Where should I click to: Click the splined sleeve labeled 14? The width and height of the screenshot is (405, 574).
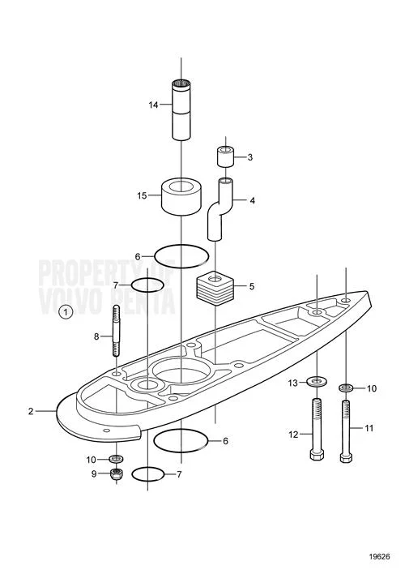[x=181, y=109]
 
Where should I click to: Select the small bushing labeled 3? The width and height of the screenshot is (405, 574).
[x=226, y=156]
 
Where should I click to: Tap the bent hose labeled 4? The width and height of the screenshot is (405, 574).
[x=220, y=208]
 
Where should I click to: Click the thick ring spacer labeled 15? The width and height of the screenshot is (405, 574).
[x=181, y=196]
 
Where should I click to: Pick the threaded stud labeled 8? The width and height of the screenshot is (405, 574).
[x=116, y=330]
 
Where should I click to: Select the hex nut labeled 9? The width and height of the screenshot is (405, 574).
[x=117, y=473]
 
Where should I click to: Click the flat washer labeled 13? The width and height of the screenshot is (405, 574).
[x=317, y=382]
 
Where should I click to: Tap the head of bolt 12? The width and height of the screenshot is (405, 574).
[x=317, y=454]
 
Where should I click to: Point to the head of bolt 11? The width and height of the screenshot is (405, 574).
[x=346, y=457]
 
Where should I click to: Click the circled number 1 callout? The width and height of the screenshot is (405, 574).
[x=66, y=312]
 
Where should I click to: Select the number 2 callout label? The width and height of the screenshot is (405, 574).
[x=31, y=411]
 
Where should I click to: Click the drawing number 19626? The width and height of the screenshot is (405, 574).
[x=379, y=557]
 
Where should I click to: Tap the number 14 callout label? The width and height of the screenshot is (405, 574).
[x=153, y=105]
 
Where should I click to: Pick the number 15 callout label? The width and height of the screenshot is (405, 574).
[x=142, y=196]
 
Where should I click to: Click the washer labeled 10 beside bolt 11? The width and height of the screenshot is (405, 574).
[x=346, y=387]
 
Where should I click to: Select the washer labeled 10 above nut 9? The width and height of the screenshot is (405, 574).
[x=117, y=458]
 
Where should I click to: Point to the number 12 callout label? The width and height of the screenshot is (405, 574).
[x=293, y=435]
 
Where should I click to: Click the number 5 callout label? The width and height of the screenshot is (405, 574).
[x=252, y=286]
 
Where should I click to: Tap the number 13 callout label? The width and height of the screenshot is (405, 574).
[x=293, y=383]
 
